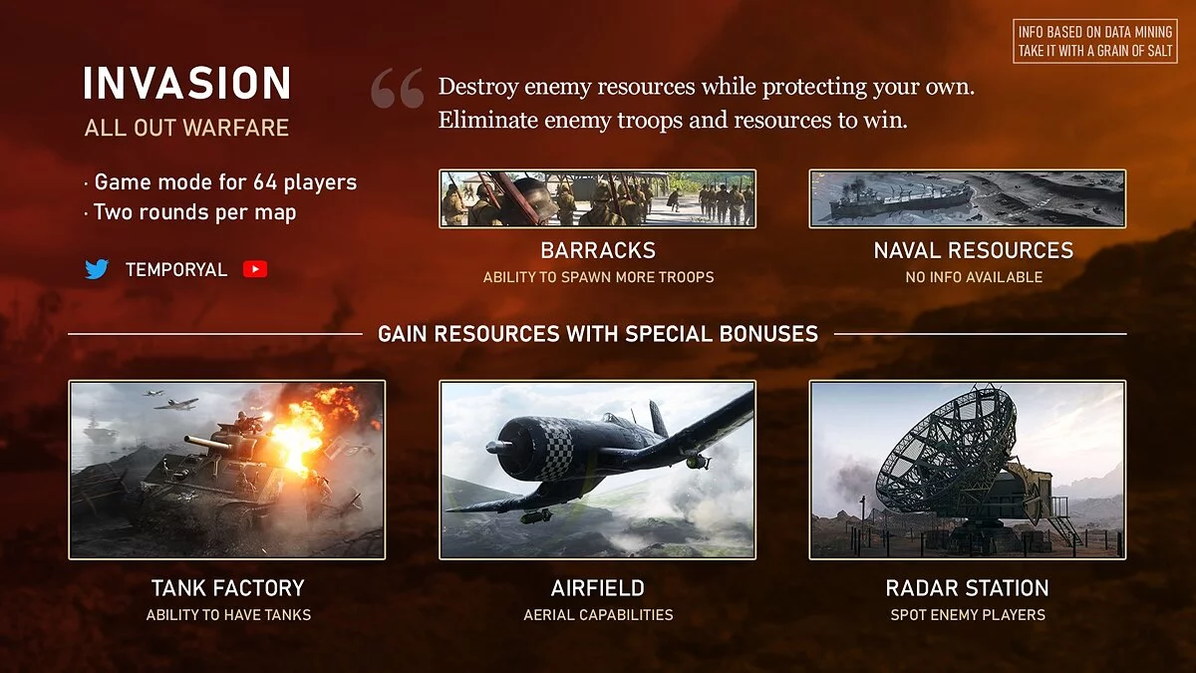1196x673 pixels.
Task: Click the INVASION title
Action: pos(187,84)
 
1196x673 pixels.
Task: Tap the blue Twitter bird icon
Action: pos(97,269)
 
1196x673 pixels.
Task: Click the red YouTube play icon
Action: pos(255,269)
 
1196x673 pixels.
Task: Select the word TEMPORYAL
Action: pos(176,270)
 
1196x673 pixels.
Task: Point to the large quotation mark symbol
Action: pos(398,88)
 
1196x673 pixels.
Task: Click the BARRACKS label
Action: pos(598,250)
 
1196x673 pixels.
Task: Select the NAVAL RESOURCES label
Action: pos(974,250)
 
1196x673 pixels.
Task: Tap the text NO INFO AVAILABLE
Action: pos(974,277)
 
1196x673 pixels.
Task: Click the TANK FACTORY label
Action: pos(228,588)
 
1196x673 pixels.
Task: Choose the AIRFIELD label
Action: pos(597,588)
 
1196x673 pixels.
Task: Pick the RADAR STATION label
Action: pos(967,588)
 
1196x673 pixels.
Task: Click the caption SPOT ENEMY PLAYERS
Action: pos(968,615)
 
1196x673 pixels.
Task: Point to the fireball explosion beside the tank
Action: pos(310,428)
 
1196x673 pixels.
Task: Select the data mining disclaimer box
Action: pos(1095,41)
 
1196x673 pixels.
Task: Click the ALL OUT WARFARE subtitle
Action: pos(186,128)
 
